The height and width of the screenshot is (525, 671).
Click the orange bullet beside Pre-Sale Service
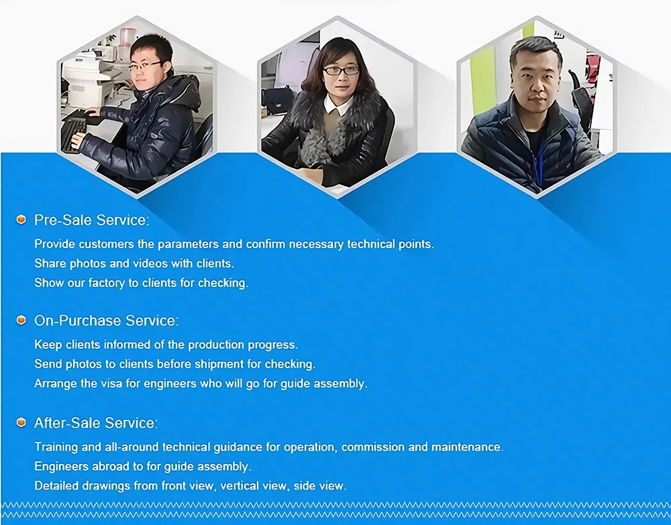pyautogui.click(x=21, y=220)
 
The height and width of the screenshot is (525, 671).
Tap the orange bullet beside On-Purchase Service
pyautogui.click(x=21, y=320)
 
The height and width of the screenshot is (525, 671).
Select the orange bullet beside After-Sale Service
pyautogui.click(x=21, y=422)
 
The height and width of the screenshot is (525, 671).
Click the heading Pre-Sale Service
pyautogui.click(x=92, y=220)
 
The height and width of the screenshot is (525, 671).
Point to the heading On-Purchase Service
pyautogui.click(x=107, y=320)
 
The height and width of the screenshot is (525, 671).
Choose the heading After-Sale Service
pyautogui.click(x=96, y=423)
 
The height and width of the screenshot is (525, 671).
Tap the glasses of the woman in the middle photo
pyautogui.click(x=341, y=70)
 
